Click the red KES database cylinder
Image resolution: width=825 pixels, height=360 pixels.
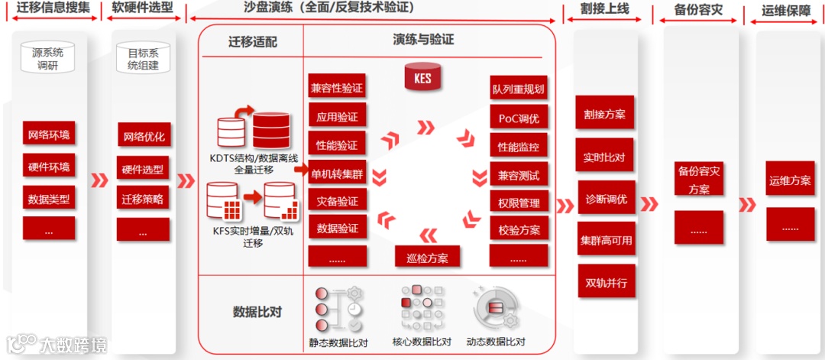pyautogui.click(x=422, y=77)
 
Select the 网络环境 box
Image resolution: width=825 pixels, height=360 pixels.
pyautogui.click(x=49, y=135)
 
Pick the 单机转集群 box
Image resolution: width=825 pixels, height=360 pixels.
pyautogui.click(x=337, y=173)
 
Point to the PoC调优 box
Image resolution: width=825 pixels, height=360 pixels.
pyautogui.click(x=519, y=118)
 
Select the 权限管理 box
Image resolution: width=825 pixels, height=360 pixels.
pyautogui.click(x=519, y=203)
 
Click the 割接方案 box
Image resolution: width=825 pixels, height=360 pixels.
pyautogui.click(x=605, y=113)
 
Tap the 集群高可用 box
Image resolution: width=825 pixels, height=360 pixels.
pyautogui.click(x=605, y=240)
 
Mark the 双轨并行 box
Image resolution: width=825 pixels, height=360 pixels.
pyautogui.click(x=605, y=282)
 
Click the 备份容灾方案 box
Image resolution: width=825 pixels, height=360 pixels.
pyautogui.click(x=699, y=180)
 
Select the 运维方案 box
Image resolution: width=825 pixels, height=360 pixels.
pyautogui.click(x=790, y=180)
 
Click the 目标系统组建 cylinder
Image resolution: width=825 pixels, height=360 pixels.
pyautogui.click(x=143, y=59)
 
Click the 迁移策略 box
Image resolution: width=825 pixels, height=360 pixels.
pyautogui.click(x=143, y=199)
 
